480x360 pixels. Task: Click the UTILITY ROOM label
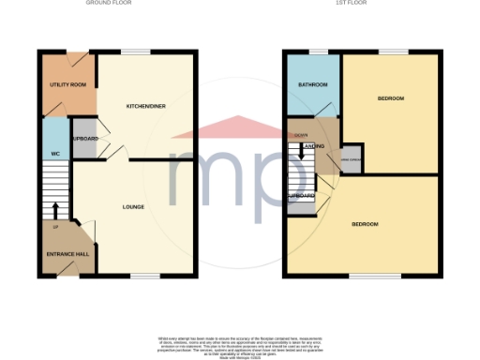(67, 85)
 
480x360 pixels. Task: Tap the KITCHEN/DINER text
(146, 107)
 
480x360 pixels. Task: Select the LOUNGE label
(132, 206)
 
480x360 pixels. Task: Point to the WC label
(54, 154)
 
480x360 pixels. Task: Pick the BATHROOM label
(314, 85)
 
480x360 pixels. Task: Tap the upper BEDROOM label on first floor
(391, 98)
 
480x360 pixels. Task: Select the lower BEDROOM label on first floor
(365, 225)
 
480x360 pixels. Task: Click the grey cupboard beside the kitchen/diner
(85, 138)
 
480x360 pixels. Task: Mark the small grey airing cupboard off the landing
(351, 160)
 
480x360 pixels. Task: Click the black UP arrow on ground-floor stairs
(54, 210)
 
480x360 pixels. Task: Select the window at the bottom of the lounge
(145, 276)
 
